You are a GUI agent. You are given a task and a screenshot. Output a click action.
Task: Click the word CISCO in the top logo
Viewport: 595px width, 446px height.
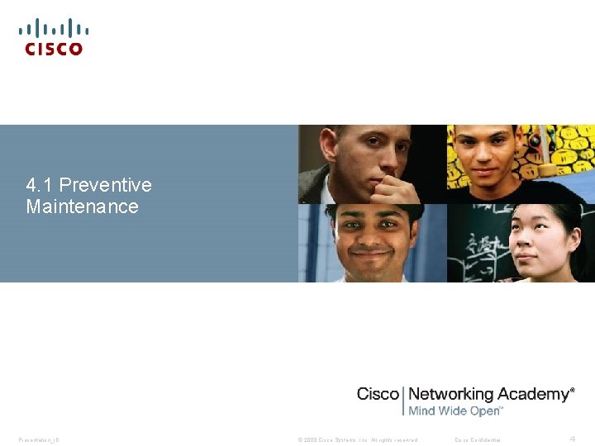click(x=54, y=49)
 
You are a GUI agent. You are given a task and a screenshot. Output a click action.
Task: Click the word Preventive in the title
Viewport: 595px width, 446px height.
click(x=106, y=184)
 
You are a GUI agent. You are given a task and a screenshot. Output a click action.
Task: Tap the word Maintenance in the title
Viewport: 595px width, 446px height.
click(x=82, y=206)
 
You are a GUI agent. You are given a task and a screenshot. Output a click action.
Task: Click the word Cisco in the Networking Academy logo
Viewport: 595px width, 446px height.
click(x=378, y=394)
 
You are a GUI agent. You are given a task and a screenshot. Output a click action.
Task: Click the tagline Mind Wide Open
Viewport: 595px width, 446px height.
click(x=455, y=410)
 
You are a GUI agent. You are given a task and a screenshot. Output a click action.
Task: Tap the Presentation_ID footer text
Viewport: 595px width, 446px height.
click(x=38, y=439)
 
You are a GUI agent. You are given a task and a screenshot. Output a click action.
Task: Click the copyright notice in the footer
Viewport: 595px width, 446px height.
click(x=358, y=439)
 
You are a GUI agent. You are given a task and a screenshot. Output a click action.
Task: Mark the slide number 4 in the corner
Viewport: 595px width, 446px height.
click(x=573, y=438)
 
